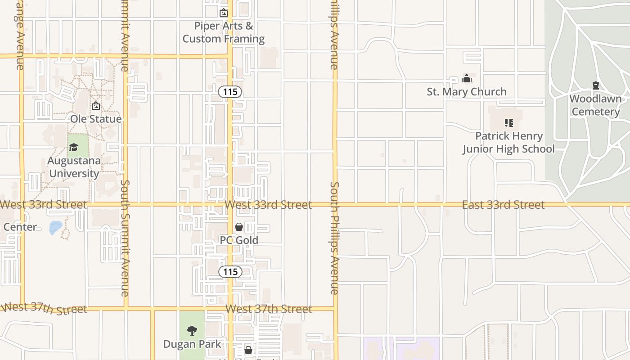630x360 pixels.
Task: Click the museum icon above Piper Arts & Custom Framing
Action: [224, 13]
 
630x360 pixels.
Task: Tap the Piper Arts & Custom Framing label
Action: [224, 32]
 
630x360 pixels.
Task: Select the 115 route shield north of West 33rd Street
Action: [230, 92]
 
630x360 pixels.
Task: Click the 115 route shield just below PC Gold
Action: [230, 272]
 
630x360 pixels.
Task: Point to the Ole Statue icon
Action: [96, 106]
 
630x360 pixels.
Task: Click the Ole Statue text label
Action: [96, 119]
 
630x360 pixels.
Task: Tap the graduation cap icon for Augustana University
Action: [73, 147]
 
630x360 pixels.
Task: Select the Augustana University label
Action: [74, 167]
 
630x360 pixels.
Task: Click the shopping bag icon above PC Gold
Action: [239, 227]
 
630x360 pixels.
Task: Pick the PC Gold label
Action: [239, 240]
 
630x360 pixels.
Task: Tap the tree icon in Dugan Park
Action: [192, 331]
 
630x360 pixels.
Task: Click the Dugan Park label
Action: [192, 344]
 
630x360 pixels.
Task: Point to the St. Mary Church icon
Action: [467, 79]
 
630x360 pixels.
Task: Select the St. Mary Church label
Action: [467, 92]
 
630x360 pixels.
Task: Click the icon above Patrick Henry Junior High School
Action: [509, 122]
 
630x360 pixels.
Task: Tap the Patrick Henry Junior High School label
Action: [509, 142]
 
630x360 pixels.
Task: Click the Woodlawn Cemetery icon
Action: [596, 85]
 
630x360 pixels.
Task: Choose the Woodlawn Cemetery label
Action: [596, 105]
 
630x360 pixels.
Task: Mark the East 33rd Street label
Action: [503, 205]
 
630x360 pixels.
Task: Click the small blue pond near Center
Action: [55, 227]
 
